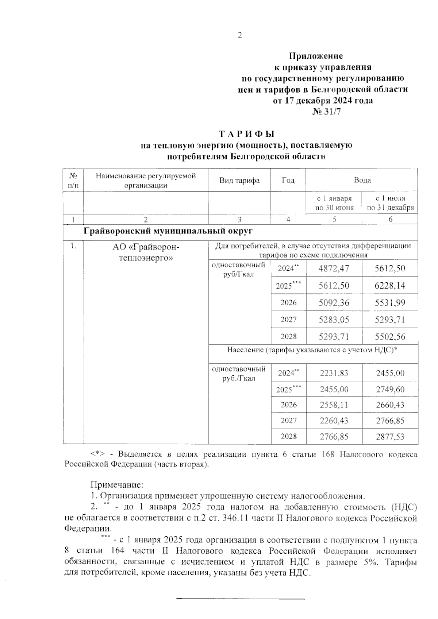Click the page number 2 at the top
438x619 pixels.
(239, 35)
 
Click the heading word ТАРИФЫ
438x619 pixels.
(246, 134)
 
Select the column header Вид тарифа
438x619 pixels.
(239, 180)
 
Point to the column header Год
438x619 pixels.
(288, 180)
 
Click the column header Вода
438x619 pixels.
(362, 180)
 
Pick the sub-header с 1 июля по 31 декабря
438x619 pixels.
(390, 203)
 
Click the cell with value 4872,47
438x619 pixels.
(334, 269)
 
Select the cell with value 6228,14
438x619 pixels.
(390, 286)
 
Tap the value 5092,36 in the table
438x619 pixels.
(334, 303)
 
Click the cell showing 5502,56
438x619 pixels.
(390, 337)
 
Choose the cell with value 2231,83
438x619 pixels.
(334, 373)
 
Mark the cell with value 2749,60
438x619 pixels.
(390, 390)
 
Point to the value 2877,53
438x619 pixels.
(390, 437)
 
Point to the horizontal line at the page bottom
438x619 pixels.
(240, 598)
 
